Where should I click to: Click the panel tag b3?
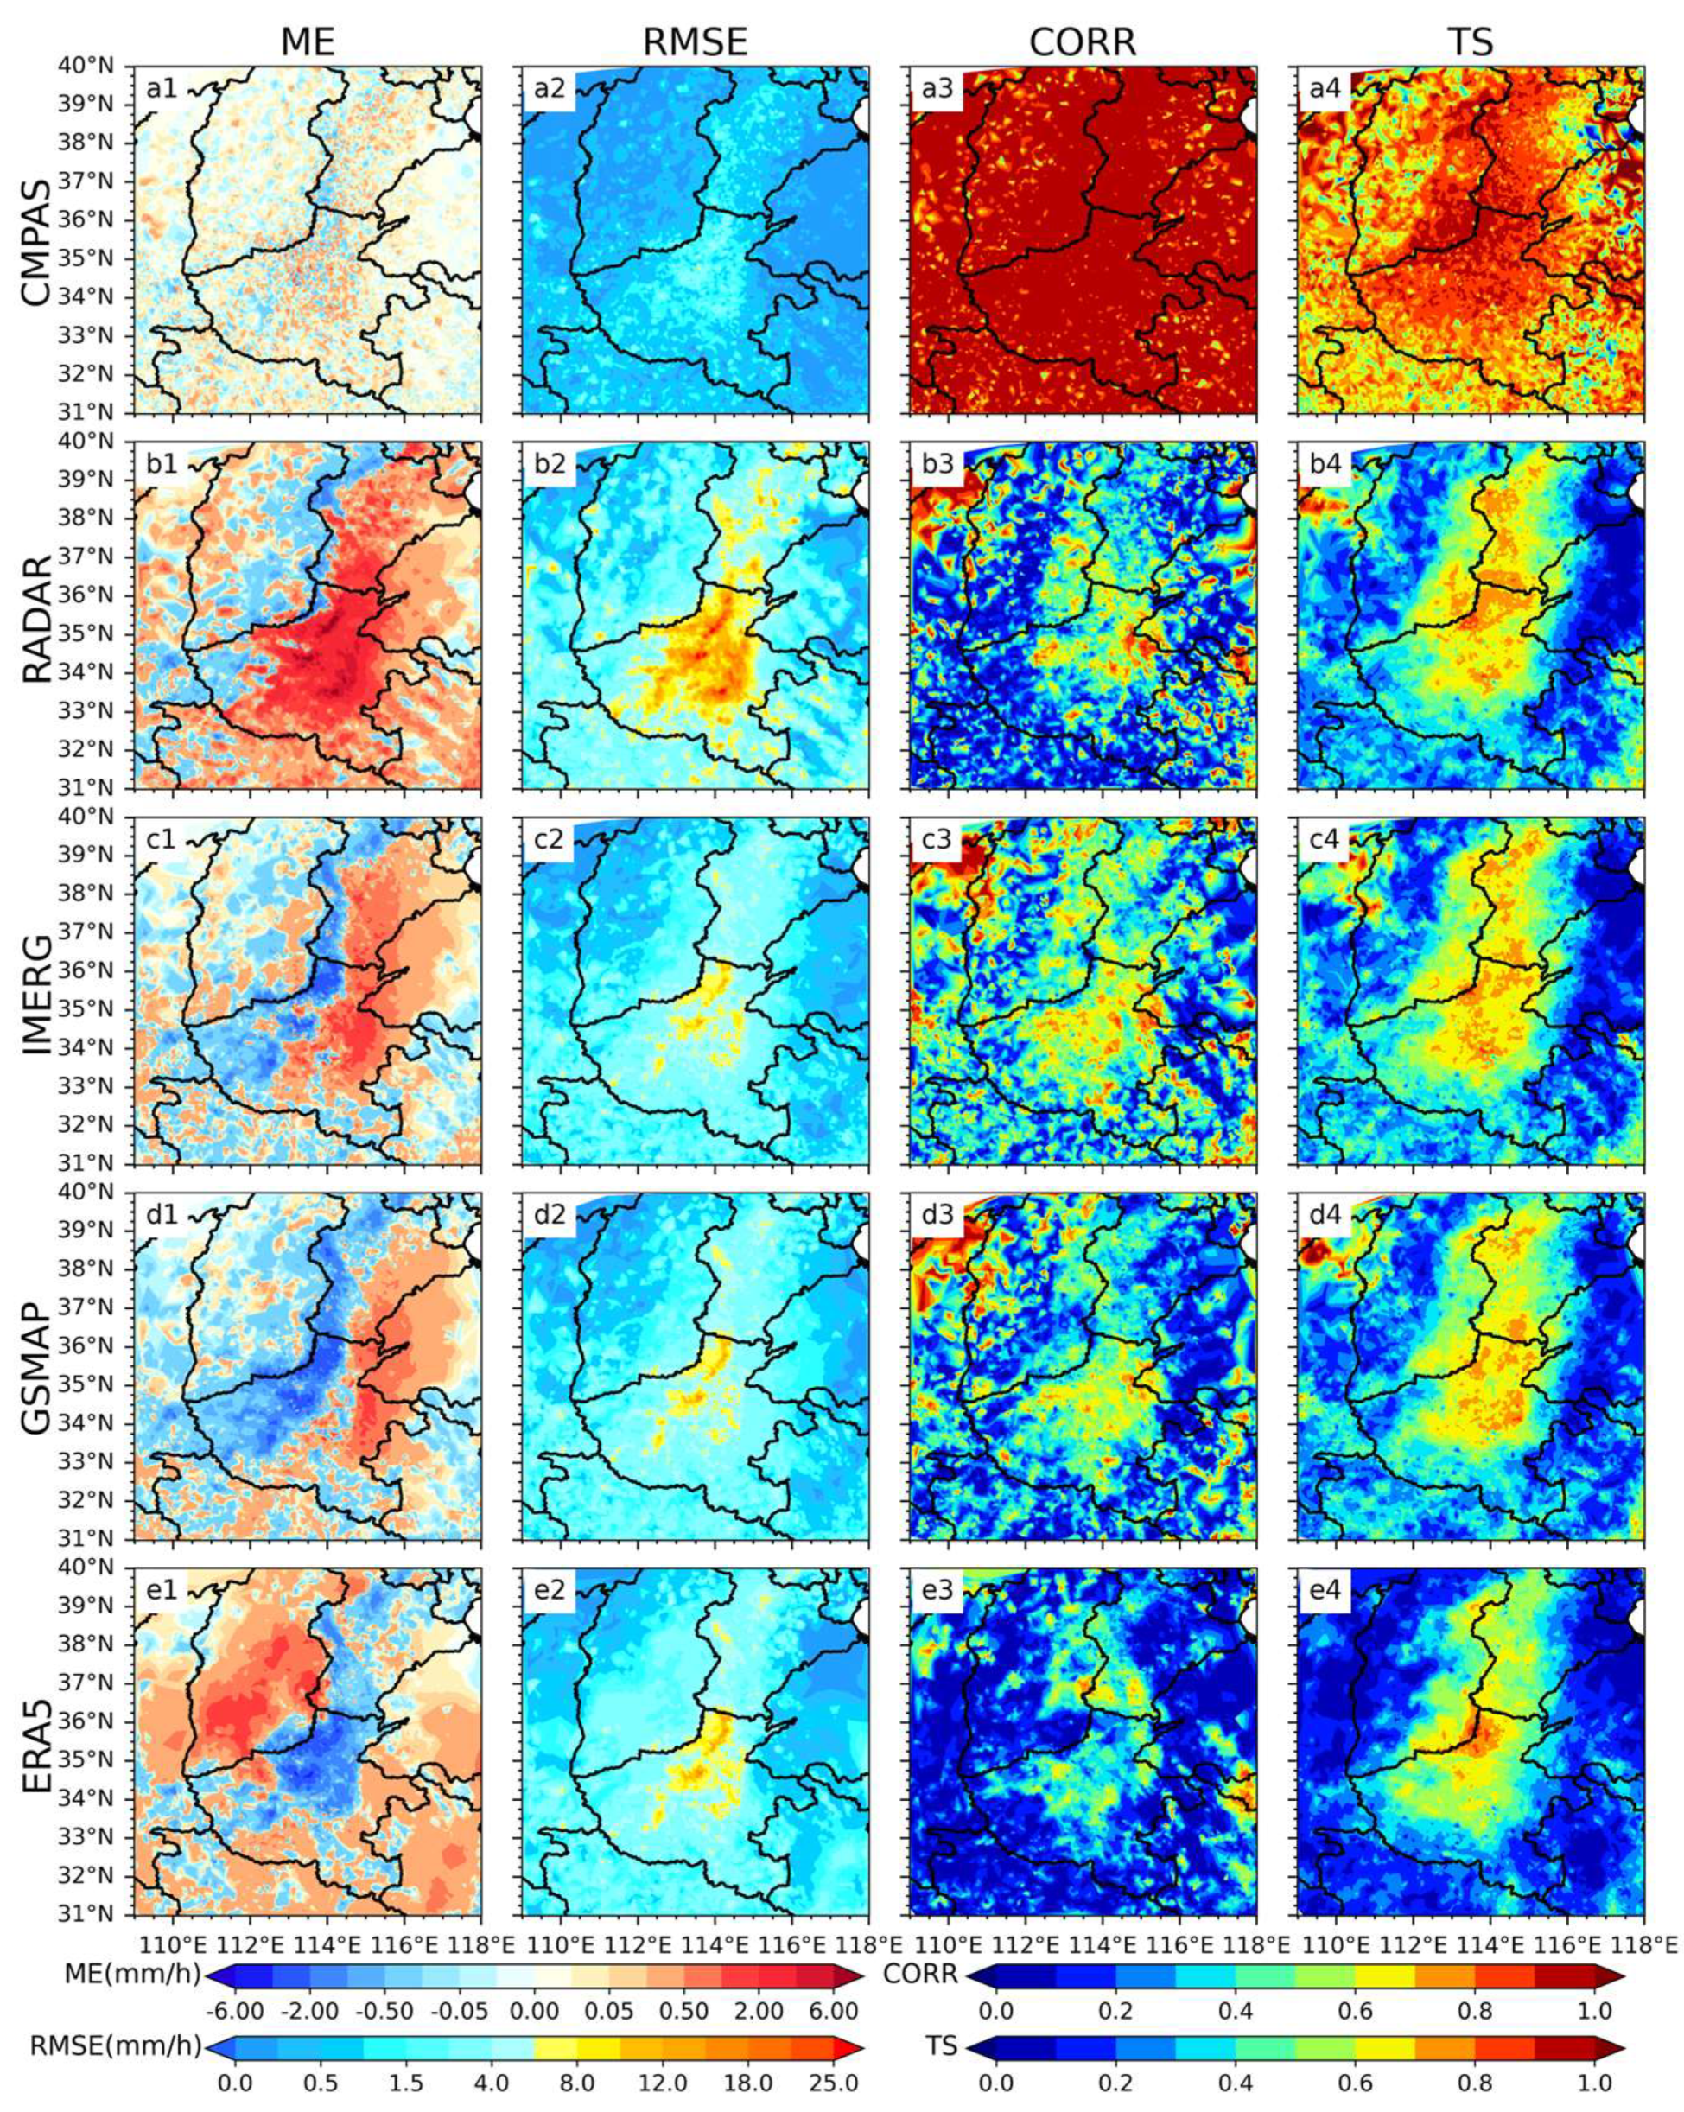[937, 464]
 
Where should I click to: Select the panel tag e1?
[162, 1590]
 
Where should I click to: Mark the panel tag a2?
[550, 89]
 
